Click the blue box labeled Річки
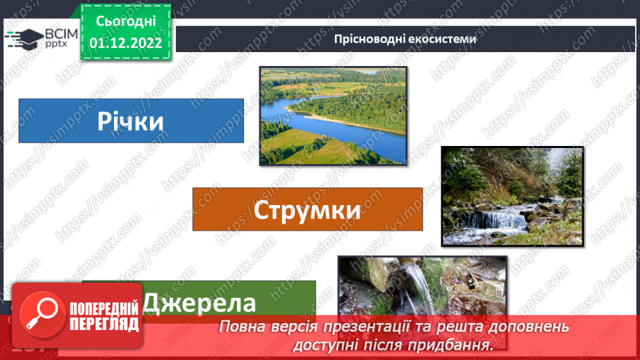click(131, 121)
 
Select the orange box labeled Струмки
click(307, 209)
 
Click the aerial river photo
click(333, 115)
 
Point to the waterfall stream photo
click(512, 195)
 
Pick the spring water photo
click(421, 287)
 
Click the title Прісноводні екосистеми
click(405, 39)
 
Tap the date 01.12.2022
click(126, 42)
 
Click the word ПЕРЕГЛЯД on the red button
click(105, 324)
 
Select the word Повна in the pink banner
click(241, 327)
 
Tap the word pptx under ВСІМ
click(55, 45)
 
